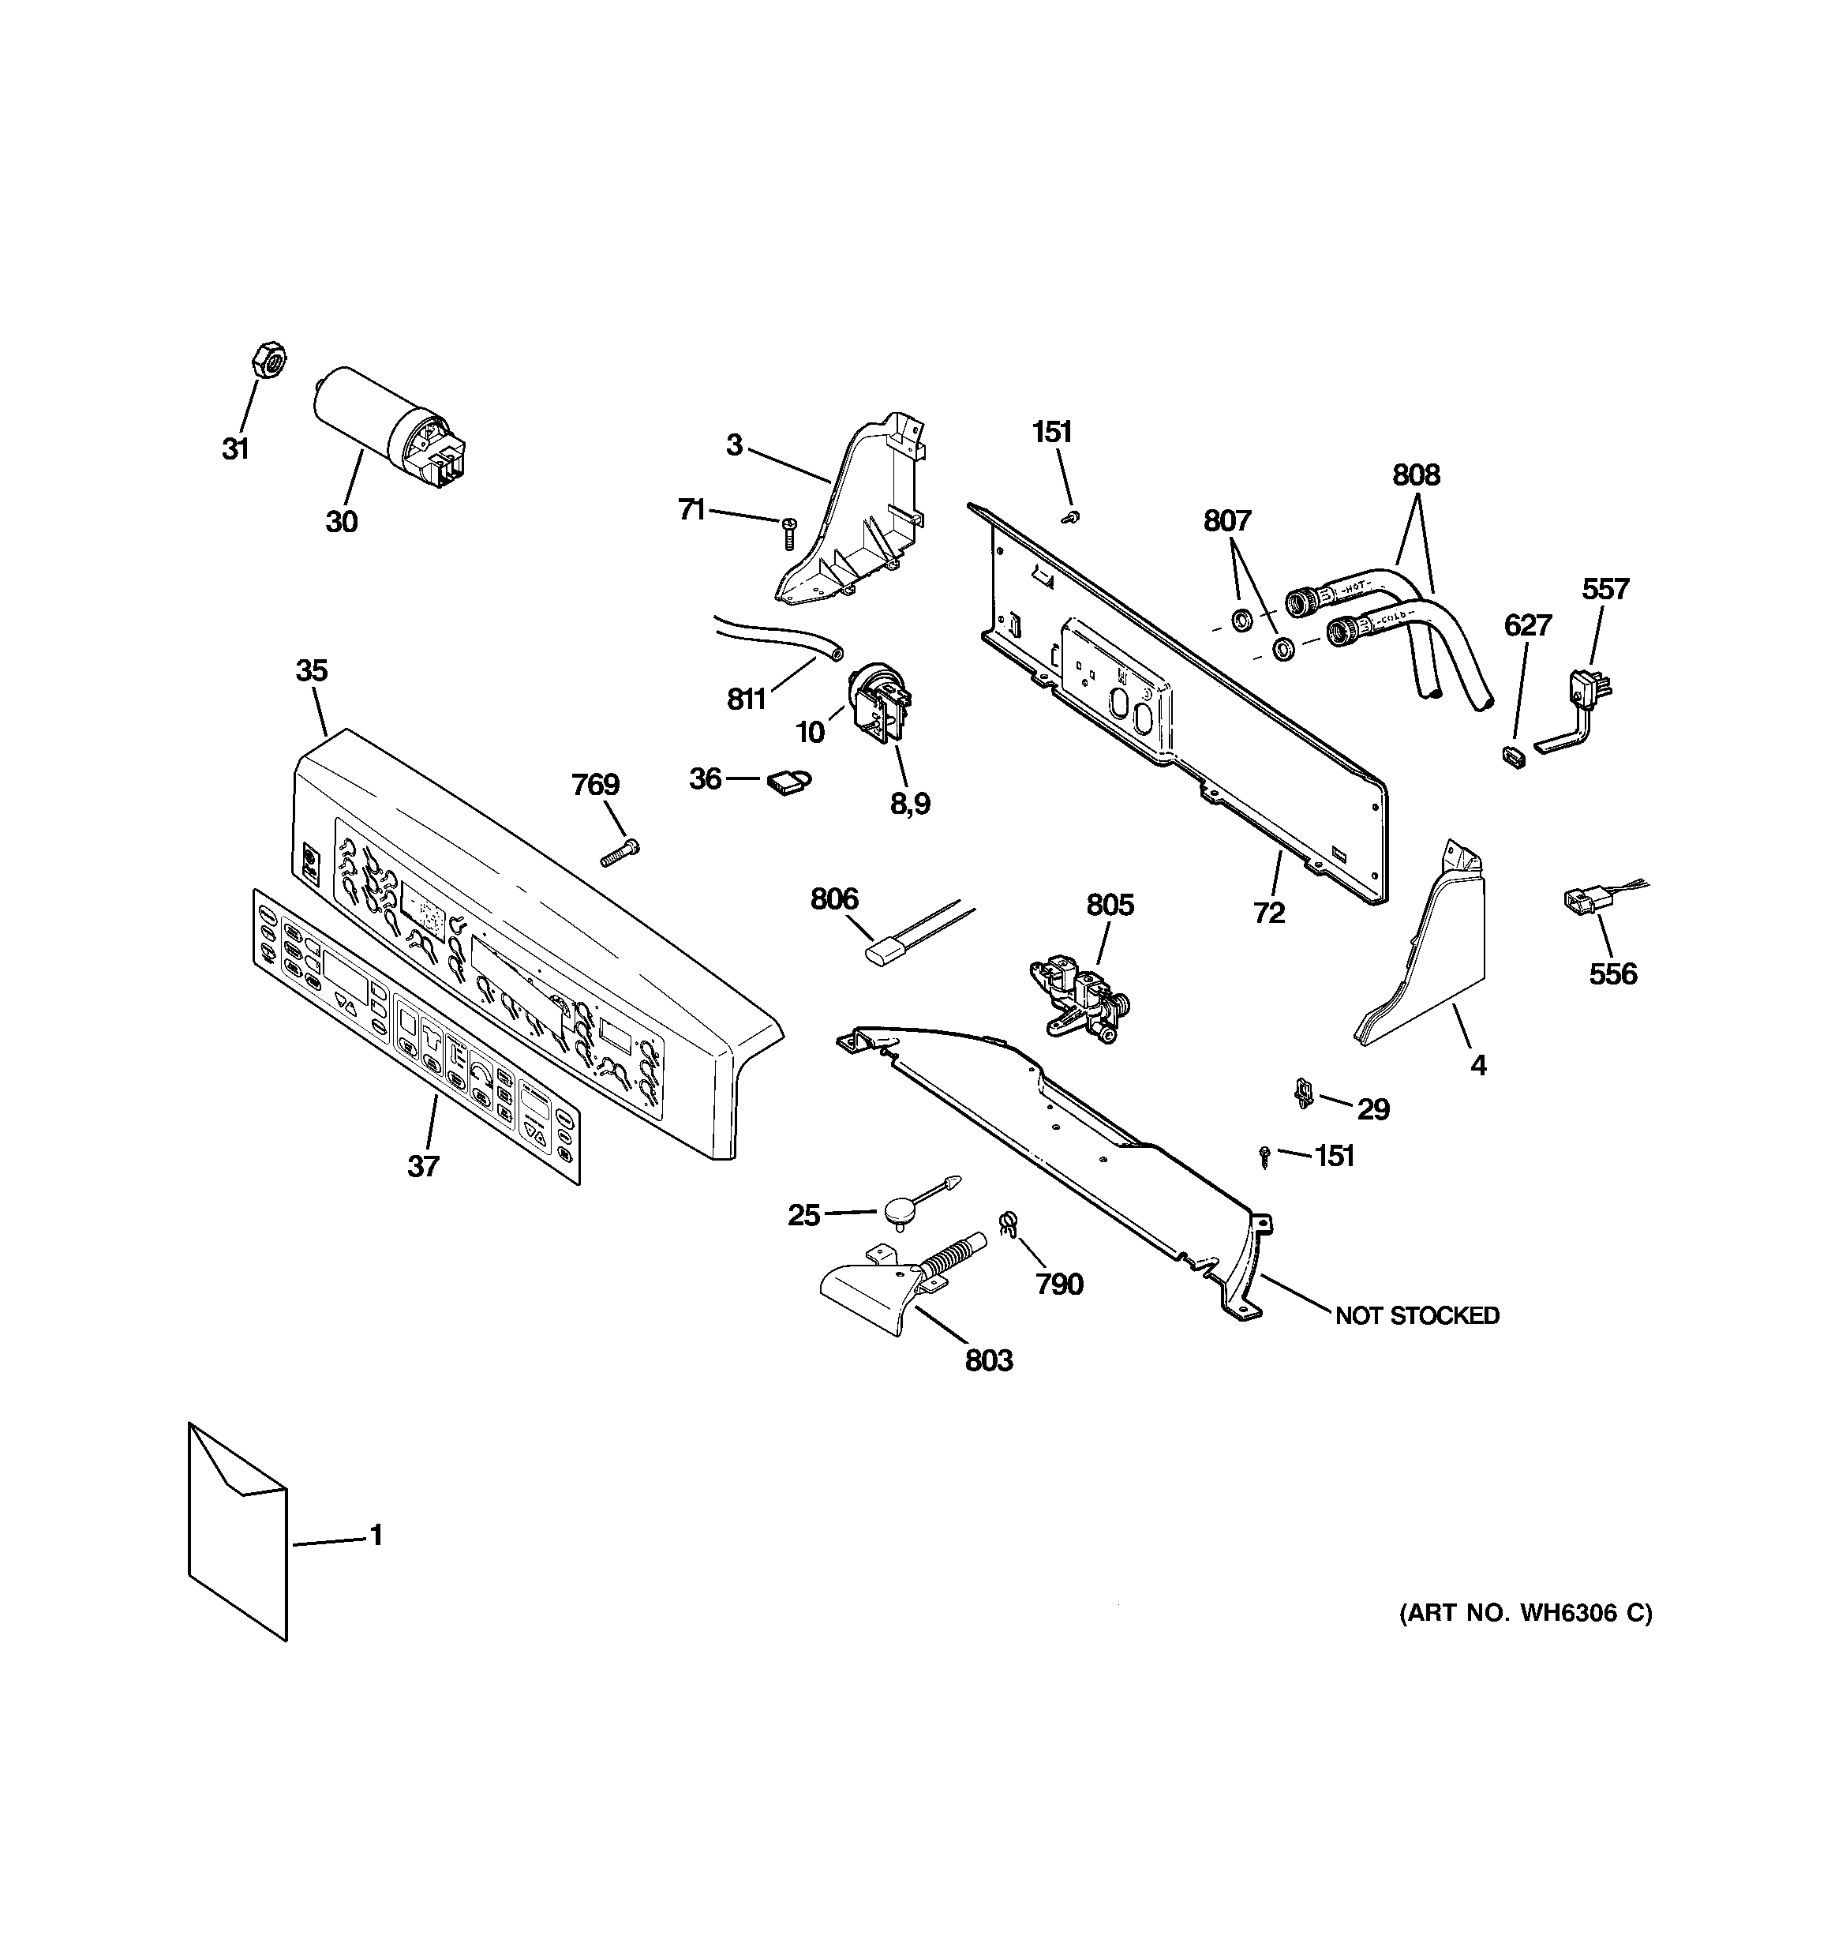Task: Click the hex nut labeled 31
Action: tap(268, 360)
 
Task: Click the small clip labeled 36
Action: tap(788, 781)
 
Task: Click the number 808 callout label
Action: tap(1415, 476)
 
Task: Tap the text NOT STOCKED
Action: tap(1416, 1315)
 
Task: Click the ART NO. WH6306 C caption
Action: tap(1526, 1613)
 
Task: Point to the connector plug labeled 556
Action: tap(1578, 899)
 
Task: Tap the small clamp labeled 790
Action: tap(1006, 1224)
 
